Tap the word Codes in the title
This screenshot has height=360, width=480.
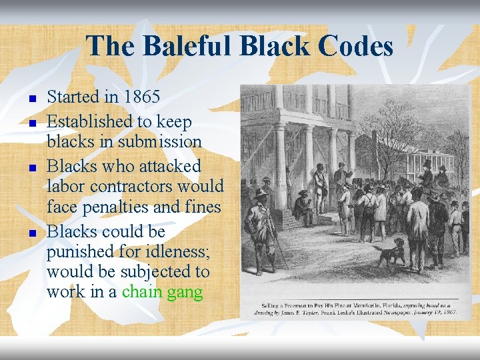point(355,46)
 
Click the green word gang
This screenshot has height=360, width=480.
point(185,292)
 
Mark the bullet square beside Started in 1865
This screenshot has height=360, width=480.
point(31,99)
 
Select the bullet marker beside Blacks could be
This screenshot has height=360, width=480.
point(31,234)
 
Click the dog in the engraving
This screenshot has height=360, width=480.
point(391,253)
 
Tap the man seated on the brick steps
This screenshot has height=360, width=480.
point(305,209)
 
